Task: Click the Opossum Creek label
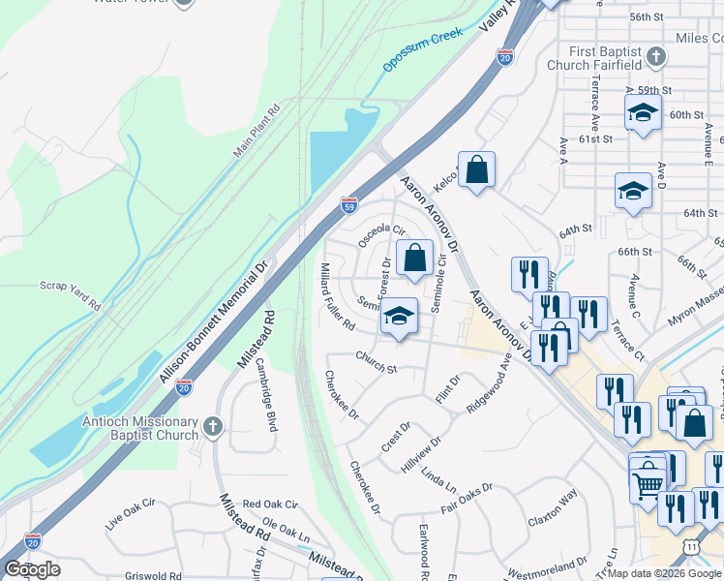(423, 51)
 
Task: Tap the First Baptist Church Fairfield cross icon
(656, 56)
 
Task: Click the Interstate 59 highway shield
(349, 205)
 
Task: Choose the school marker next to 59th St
(642, 113)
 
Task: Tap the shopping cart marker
(648, 477)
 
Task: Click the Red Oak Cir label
(270, 505)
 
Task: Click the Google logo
(33, 569)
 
